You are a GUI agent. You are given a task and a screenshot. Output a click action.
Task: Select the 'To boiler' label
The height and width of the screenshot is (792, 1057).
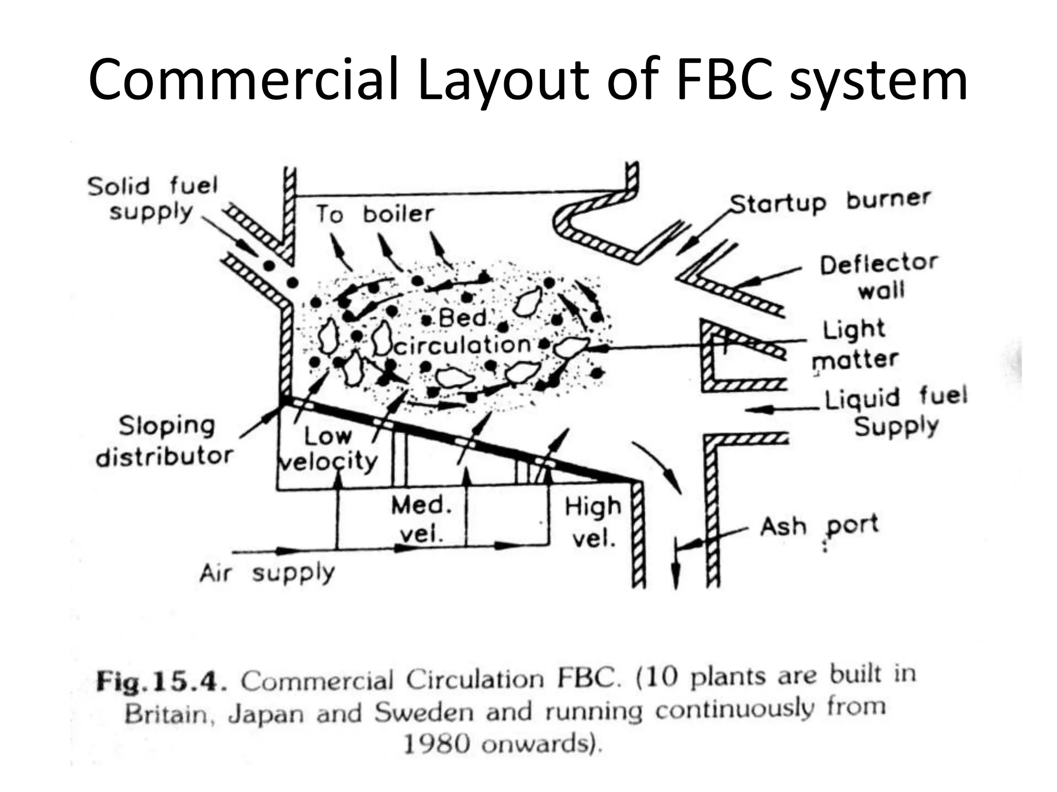[x=375, y=213]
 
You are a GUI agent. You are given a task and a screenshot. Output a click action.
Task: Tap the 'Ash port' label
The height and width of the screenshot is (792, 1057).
[x=819, y=526]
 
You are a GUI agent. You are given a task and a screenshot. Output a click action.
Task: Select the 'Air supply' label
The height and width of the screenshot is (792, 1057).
[x=267, y=572]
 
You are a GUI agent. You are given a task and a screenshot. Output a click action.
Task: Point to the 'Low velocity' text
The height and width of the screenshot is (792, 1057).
[x=328, y=449]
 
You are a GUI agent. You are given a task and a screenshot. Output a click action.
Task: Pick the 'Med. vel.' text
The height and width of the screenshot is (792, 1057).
[x=421, y=519]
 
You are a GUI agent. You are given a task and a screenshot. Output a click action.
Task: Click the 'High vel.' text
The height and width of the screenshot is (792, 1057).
[x=592, y=522]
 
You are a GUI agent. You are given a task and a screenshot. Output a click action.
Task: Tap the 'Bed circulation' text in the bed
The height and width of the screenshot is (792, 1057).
[x=462, y=332]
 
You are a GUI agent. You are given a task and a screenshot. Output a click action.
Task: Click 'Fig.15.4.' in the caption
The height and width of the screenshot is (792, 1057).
[x=162, y=682]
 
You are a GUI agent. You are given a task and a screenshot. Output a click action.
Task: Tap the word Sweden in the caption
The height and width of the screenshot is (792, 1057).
[x=424, y=713]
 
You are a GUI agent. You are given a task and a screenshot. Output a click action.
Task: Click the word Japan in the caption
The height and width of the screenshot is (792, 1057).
[x=266, y=714]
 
